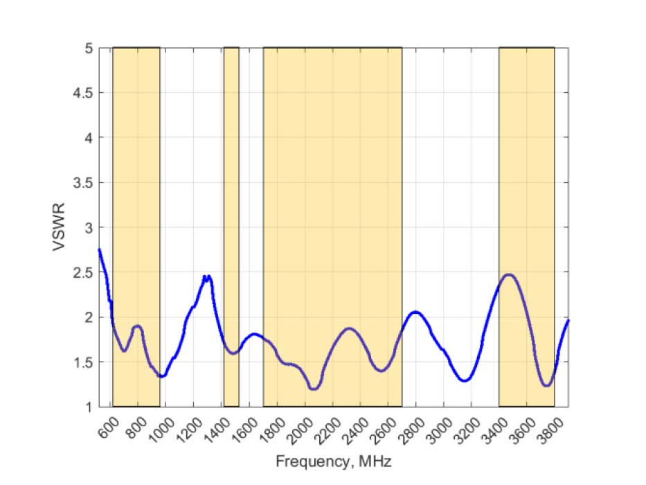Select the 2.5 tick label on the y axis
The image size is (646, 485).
(x=84, y=272)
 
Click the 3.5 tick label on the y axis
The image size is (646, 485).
(x=84, y=183)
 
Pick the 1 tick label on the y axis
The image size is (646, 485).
(x=89, y=407)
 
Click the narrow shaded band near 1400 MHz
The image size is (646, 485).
(x=231, y=208)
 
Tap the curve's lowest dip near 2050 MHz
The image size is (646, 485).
(x=314, y=389)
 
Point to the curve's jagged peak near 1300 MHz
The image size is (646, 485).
(x=206, y=276)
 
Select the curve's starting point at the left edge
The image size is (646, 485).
(x=99, y=249)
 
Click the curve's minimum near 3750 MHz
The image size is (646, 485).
(x=547, y=385)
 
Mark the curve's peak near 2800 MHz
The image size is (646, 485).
(x=415, y=312)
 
